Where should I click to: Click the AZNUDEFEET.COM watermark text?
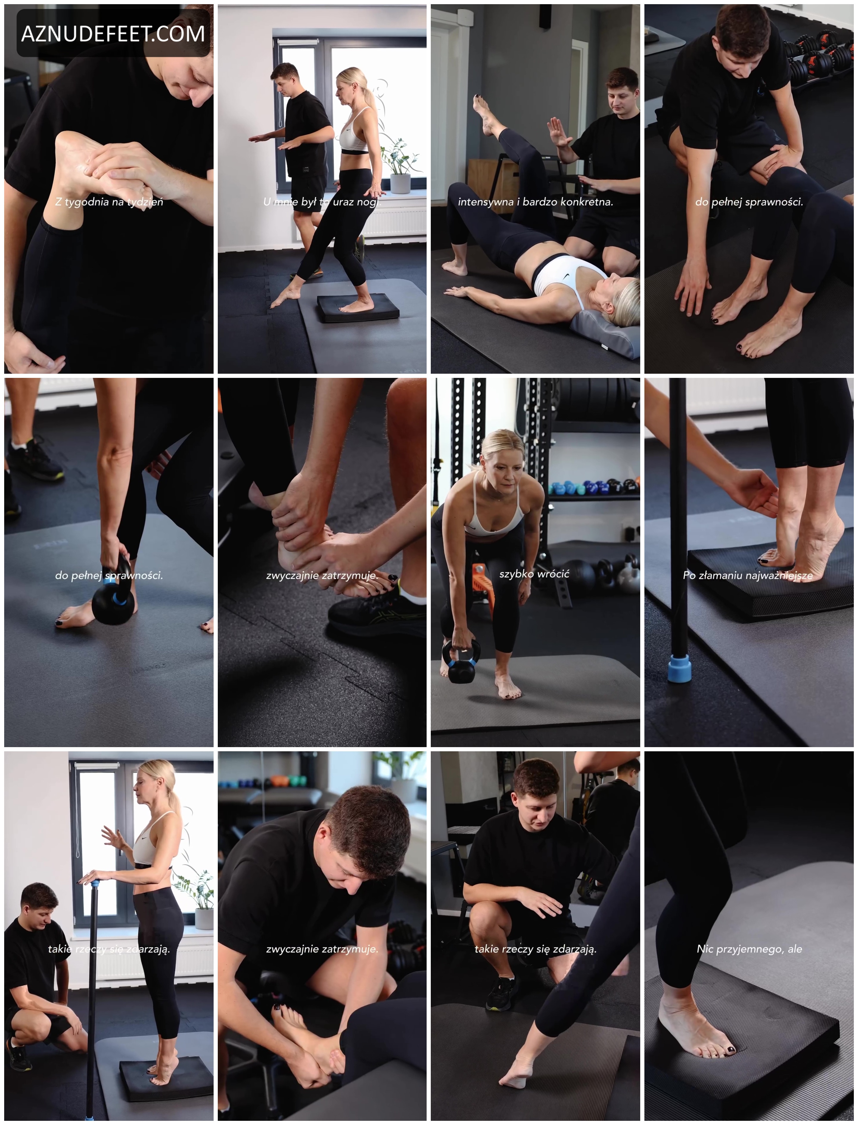[113, 34]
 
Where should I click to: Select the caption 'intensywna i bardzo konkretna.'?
[535, 202]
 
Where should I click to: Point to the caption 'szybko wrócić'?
[534, 574]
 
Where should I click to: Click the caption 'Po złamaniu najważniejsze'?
[748, 575]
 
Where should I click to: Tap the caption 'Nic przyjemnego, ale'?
[749, 949]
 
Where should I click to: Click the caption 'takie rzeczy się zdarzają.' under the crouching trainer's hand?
[535, 949]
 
